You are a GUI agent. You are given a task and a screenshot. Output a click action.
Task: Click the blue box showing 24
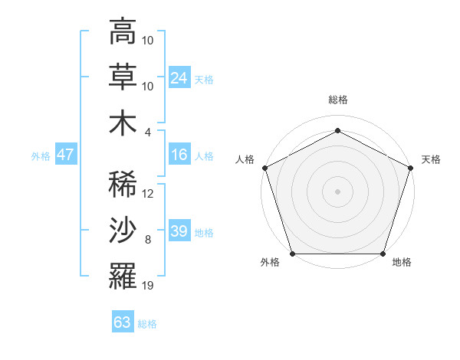[x=179, y=77]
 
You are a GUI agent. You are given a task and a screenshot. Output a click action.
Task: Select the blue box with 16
[x=179, y=155]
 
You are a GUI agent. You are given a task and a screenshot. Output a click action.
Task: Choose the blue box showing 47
[x=65, y=155]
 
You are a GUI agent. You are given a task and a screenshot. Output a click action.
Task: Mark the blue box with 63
[x=122, y=322]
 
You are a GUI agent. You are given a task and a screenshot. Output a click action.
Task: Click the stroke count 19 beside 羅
[x=148, y=286]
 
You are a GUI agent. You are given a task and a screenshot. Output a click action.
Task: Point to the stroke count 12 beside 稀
[x=148, y=194]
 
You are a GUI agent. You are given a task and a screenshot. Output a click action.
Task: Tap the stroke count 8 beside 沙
[x=149, y=240]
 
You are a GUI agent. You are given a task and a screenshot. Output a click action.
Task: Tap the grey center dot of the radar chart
[x=337, y=191]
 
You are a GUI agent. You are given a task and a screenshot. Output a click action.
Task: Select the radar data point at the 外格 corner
[x=292, y=254]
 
